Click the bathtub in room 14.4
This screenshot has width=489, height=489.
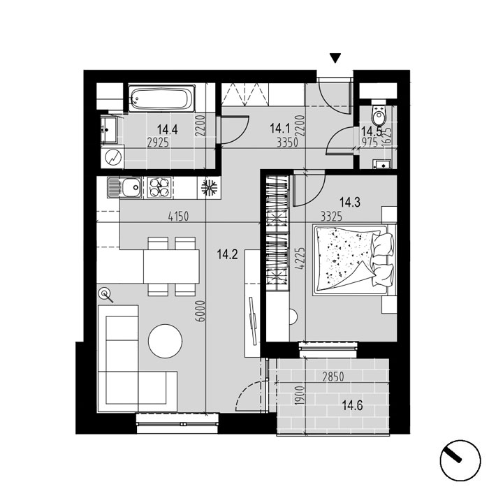pyautogui.click(x=161, y=98)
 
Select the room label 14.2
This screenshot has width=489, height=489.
pyautogui.click(x=227, y=254)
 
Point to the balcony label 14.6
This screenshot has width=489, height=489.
pyautogui.click(x=352, y=406)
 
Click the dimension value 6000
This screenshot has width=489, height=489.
pyautogui.click(x=201, y=311)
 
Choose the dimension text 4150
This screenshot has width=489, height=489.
pyautogui.click(x=178, y=216)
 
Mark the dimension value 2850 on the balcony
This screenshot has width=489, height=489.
pyautogui.click(x=333, y=377)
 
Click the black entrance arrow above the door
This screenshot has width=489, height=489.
pyautogui.click(x=335, y=58)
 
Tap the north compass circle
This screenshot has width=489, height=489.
pyautogui.click(x=460, y=460)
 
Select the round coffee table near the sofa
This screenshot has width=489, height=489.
pyautogui.click(x=166, y=341)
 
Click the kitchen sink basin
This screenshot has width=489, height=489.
pyautogui.click(x=131, y=188)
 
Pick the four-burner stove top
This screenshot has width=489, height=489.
pyautogui.click(x=159, y=188)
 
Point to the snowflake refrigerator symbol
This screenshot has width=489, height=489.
pyautogui.click(x=210, y=188)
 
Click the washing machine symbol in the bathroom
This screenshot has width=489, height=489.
pyautogui.click(x=112, y=157)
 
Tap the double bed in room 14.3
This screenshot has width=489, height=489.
pyautogui.click(x=355, y=259)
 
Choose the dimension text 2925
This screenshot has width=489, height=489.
pyautogui.click(x=158, y=143)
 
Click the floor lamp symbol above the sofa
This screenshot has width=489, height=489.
pyautogui.click(x=105, y=295)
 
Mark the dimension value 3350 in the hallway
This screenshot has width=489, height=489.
pyautogui.click(x=288, y=143)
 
